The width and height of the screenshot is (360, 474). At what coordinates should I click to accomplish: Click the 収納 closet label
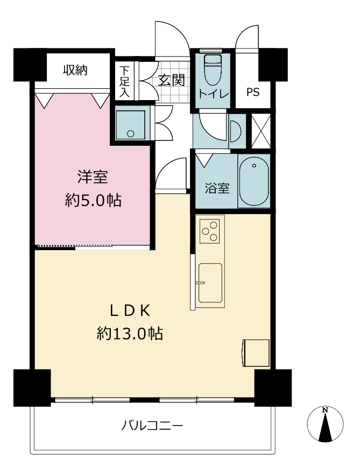point(75,70)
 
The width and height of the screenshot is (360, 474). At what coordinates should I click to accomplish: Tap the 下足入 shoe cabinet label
point(124,82)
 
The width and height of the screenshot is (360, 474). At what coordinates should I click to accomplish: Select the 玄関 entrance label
point(171,80)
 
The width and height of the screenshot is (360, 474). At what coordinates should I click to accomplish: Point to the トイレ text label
point(214,94)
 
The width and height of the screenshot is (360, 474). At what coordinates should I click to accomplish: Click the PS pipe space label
point(253,91)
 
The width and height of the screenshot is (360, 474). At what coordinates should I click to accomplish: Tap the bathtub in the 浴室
point(254,181)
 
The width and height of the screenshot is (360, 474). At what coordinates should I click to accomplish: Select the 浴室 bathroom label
point(217,188)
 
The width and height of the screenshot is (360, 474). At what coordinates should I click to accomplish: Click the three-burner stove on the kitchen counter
point(210,231)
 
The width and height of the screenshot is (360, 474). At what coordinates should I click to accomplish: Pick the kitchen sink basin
point(210,282)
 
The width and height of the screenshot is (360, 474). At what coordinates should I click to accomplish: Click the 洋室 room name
point(93,177)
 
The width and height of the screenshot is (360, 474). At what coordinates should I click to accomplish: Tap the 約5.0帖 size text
point(93,200)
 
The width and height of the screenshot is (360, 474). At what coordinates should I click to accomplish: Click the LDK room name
point(130,311)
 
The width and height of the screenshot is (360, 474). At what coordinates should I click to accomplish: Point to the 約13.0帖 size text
point(130,334)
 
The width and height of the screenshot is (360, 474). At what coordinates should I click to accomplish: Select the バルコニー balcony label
point(152,426)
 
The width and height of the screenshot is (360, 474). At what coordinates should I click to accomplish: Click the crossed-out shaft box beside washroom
point(260,131)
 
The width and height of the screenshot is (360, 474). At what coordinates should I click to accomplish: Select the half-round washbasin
point(236,131)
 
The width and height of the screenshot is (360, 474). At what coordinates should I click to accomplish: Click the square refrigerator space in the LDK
point(256,353)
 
